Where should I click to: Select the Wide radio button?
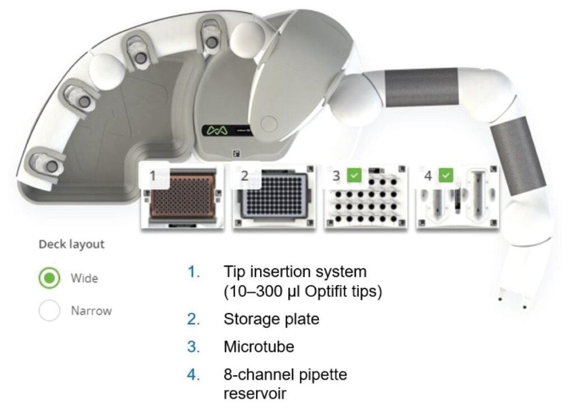pos(50,278)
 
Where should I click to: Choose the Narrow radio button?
pos(50,310)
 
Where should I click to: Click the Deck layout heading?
pos(71,245)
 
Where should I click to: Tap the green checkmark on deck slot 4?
pos(446,176)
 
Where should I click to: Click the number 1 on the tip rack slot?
pos(152,176)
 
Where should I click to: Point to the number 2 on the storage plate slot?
pos(244,176)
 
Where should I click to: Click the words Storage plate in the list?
pos(271,319)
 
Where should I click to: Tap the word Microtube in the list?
pos(258,347)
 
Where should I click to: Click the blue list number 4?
pos(193,374)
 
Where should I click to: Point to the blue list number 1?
pos(193,272)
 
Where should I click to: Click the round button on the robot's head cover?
pos(270,123)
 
